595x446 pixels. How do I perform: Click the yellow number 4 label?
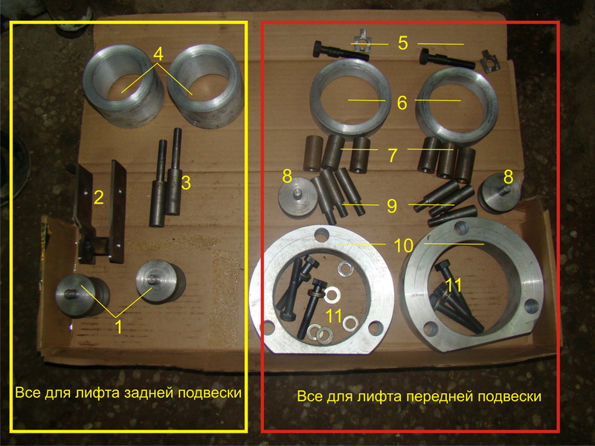(x=158, y=54)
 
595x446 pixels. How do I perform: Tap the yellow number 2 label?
(x=99, y=198)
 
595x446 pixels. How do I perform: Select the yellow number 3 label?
(x=186, y=183)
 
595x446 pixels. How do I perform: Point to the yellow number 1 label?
(x=119, y=326)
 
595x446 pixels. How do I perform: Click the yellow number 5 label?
(x=403, y=43)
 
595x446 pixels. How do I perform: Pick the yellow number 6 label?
(x=402, y=103)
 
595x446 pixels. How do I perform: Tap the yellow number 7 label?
(x=393, y=155)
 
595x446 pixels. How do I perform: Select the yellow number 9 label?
(x=392, y=205)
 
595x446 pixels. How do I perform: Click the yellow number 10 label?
(x=403, y=246)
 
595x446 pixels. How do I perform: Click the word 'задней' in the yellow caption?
(x=150, y=392)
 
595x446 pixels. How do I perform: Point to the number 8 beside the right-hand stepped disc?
(x=508, y=177)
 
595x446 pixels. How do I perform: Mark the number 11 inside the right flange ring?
(x=454, y=285)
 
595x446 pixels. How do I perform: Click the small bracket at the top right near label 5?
(x=490, y=60)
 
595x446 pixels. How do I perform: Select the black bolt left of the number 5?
(x=340, y=51)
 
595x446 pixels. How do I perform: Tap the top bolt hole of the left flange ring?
(x=321, y=234)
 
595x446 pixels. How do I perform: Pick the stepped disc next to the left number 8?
(x=298, y=198)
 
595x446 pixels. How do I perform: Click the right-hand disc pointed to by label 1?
(x=160, y=282)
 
